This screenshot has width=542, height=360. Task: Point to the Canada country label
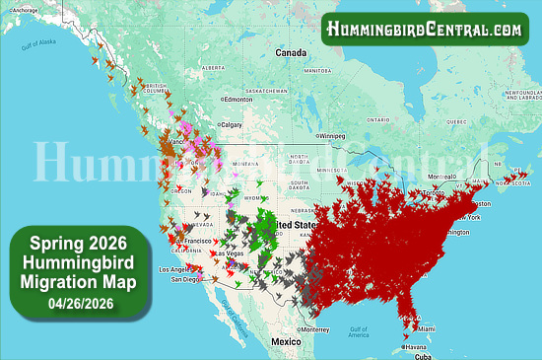292,51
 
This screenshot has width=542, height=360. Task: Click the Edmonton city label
238,100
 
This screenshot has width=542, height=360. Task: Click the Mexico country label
286,340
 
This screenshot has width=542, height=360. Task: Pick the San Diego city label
184,279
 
